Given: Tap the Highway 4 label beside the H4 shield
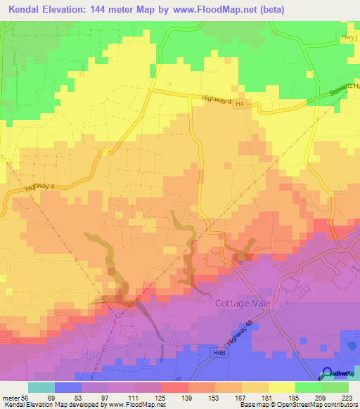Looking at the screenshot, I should click(x=215, y=99).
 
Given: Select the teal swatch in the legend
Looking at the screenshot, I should click(x=41, y=388).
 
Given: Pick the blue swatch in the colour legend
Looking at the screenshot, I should click(x=68, y=388).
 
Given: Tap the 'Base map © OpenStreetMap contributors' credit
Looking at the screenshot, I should click(x=297, y=405).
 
